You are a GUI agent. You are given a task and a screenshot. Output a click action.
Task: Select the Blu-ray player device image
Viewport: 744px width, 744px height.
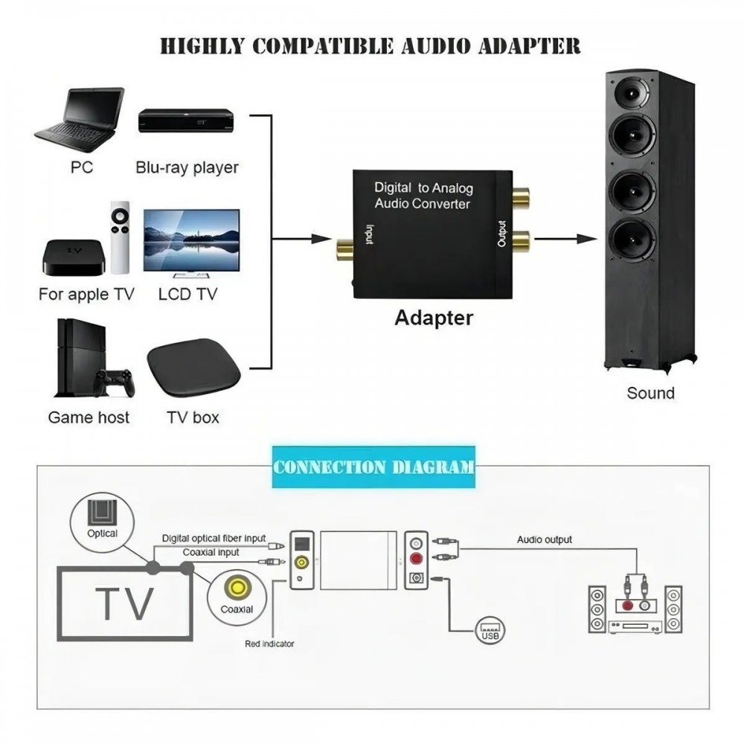[x=186, y=121]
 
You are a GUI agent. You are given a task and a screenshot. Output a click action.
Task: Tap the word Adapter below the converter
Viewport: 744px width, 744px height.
[x=434, y=318]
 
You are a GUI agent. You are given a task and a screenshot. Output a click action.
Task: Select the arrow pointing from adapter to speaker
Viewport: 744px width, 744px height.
[x=565, y=240]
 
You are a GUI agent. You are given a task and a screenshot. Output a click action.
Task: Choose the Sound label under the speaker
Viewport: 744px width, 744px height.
[x=650, y=393]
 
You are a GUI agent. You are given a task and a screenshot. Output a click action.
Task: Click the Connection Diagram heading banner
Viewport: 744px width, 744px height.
[x=373, y=468]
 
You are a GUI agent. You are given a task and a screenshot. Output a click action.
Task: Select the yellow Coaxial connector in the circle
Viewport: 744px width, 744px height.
[x=237, y=589]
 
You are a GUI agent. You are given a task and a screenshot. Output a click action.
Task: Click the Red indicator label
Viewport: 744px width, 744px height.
[x=269, y=644]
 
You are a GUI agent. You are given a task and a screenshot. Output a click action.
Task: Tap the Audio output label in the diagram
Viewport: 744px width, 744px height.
[x=545, y=539]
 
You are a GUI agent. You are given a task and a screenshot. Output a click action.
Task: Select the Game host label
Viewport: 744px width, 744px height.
[x=89, y=417]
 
